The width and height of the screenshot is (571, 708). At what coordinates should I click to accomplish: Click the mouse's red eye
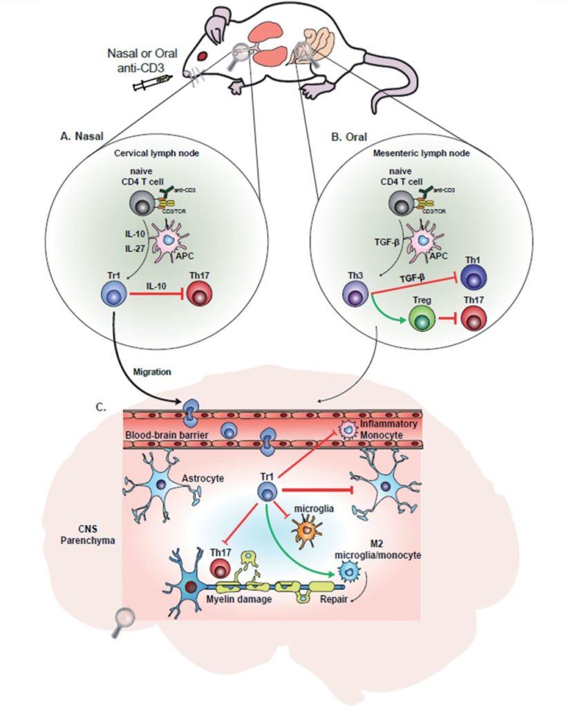(x=203, y=55)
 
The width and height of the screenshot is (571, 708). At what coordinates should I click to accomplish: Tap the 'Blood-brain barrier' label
(x=165, y=435)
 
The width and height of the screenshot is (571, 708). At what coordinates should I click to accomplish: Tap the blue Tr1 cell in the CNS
(x=268, y=492)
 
